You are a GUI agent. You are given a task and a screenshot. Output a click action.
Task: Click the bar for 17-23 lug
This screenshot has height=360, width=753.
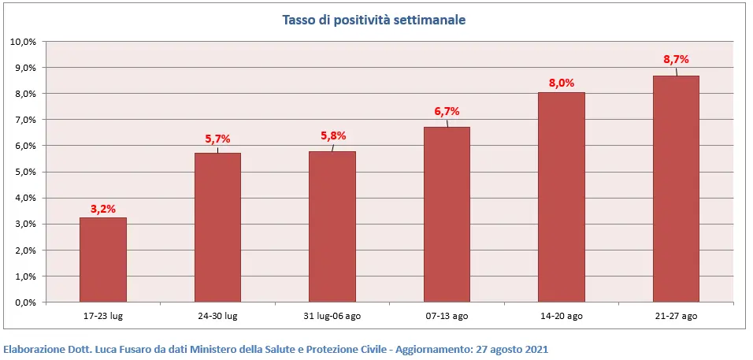coord(103,260)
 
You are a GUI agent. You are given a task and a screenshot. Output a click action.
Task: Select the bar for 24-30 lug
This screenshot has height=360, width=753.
coord(217,228)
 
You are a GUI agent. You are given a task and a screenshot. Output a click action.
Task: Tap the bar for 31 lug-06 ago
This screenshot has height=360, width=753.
coord(332,227)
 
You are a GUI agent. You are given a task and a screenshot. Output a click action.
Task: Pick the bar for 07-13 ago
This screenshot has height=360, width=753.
coord(447,214)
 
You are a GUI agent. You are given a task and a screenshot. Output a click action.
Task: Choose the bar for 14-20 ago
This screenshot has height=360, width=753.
coord(562,197)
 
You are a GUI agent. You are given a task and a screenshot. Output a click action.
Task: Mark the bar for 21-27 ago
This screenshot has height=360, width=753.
coord(676,189)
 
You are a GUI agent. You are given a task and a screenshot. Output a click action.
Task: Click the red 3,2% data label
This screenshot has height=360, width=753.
coord(103,209)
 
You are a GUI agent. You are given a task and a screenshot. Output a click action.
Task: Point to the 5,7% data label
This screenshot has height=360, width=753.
coord(217,139)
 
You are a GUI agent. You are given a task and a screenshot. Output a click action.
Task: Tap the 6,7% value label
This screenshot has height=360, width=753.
coord(447,111)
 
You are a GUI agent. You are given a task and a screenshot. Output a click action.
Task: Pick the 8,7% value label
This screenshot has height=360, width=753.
coord(676,59)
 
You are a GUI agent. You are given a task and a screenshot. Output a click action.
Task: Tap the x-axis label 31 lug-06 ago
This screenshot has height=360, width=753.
coord(332,316)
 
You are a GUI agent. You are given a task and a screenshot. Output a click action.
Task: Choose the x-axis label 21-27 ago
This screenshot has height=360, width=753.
coord(676,316)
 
